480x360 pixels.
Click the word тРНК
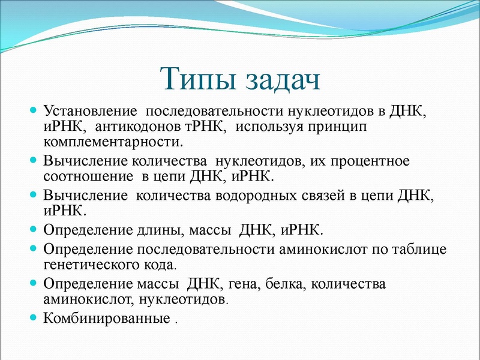[203, 127]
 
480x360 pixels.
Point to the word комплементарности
[111, 142]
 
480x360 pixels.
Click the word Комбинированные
[107, 317]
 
